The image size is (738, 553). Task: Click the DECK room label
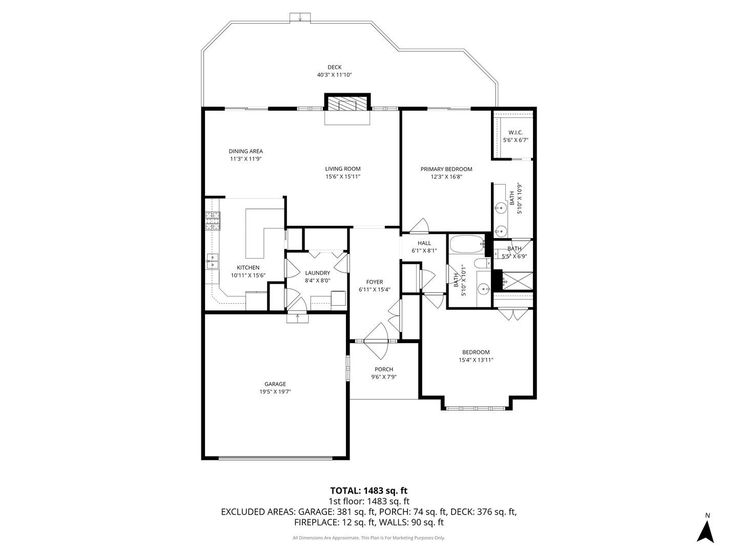click(x=334, y=67)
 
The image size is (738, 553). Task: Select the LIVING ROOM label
click(x=342, y=169)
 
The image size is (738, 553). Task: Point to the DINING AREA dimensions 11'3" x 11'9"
click(x=245, y=159)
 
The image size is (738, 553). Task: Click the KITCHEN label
click(x=248, y=268)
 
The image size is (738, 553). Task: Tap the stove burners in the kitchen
click(x=212, y=222)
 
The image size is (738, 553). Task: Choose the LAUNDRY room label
click(x=317, y=273)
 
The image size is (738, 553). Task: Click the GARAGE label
click(x=275, y=384)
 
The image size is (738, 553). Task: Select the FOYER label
click(x=374, y=282)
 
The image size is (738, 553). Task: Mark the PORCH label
click(x=383, y=369)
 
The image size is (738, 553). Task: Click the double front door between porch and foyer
click(x=376, y=341)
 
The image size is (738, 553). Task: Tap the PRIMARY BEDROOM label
click(x=446, y=169)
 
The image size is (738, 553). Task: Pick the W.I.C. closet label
click(x=515, y=133)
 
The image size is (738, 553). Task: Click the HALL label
click(x=424, y=243)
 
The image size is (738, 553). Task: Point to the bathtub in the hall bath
click(x=466, y=245)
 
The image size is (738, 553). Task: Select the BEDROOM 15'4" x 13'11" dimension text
click(x=476, y=360)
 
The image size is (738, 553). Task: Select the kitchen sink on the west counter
click(x=212, y=261)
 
